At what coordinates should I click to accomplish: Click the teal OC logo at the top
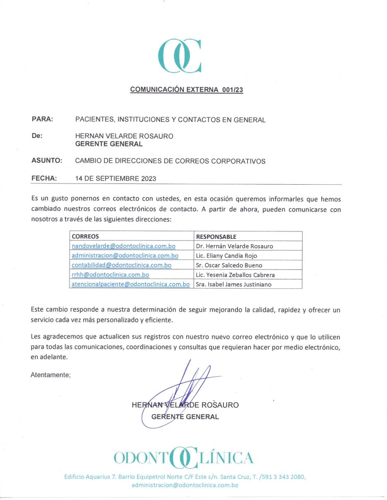pyautogui.click(x=180, y=56)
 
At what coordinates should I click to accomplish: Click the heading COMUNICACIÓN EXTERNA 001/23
pyautogui.click(x=187, y=89)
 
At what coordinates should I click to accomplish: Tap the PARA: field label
pyautogui.click(x=42, y=119)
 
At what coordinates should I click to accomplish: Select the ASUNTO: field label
pyautogui.click(x=47, y=161)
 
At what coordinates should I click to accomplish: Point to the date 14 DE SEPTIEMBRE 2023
pyautogui.click(x=115, y=179)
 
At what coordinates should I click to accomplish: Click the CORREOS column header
pyautogui.click(x=85, y=237)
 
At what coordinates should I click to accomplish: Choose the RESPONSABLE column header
pyautogui.click(x=216, y=237)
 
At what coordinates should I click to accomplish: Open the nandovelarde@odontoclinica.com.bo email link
pyautogui.click(x=123, y=246)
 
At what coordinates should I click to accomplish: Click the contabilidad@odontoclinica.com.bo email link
pyautogui.click(x=121, y=265)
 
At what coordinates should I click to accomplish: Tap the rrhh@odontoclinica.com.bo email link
pyautogui.click(x=110, y=274)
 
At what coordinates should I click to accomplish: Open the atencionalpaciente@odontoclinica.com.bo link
pyautogui.click(x=130, y=284)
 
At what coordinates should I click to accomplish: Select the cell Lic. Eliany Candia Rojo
pyautogui.click(x=226, y=255)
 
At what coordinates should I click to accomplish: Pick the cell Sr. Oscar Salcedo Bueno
pyautogui.click(x=229, y=265)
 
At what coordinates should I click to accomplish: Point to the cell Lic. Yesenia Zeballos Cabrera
pyautogui.click(x=235, y=275)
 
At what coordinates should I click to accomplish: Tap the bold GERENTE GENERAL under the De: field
pyautogui.click(x=109, y=144)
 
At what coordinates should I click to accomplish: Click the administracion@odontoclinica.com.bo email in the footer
pyautogui.click(x=185, y=485)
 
